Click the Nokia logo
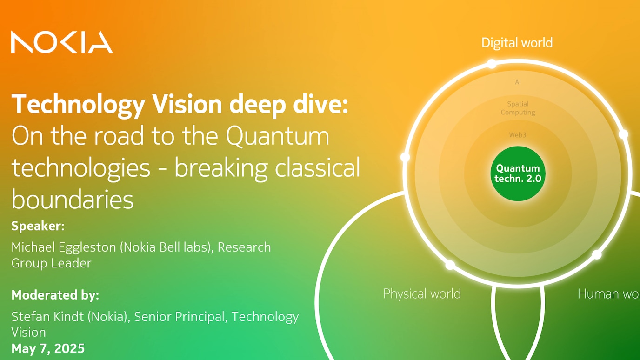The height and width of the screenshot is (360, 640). (62, 42)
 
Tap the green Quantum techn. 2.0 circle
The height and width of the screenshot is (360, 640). (518, 173)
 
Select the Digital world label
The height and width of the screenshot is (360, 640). (517, 43)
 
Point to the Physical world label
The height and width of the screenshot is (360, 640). (422, 294)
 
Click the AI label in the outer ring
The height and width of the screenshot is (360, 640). (518, 82)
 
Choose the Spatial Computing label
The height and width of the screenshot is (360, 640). (518, 108)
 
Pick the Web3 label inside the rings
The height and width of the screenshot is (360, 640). (518, 135)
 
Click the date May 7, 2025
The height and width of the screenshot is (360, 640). (48, 348)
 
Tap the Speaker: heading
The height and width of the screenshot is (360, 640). (38, 226)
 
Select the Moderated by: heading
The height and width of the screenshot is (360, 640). (55, 295)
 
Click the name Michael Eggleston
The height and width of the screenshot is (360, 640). (64, 247)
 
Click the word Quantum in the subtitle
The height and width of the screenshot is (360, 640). (277, 136)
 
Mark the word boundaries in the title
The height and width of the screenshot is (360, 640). (73, 200)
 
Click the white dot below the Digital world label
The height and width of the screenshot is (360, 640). (492, 64)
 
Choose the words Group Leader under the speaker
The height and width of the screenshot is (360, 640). (51, 263)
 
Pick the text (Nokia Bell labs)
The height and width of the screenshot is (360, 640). (165, 247)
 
